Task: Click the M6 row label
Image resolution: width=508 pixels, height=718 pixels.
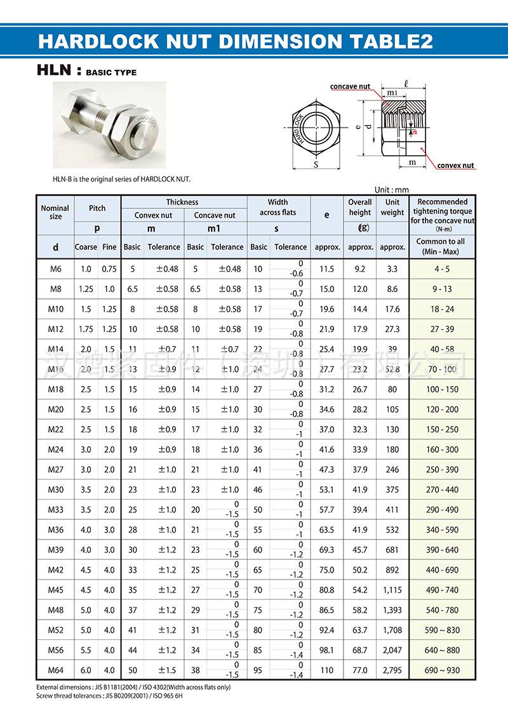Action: (55, 269)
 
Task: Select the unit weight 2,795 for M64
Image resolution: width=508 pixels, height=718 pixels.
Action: (392, 670)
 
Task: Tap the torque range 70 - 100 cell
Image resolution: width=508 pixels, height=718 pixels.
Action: (442, 369)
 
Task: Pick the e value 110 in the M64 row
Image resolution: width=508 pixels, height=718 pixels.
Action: (327, 670)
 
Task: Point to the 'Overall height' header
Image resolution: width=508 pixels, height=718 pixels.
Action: (359, 208)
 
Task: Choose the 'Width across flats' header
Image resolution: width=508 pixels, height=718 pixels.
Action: (277, 208)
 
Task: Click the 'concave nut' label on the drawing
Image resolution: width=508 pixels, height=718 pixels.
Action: (350, 86)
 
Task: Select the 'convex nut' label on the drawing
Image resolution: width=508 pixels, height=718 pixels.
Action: (455, 166)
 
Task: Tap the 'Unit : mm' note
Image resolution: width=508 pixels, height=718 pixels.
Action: (392, 189)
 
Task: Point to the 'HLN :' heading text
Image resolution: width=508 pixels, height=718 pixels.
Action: (59, 72)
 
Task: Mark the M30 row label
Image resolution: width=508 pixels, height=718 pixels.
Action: (55, 489)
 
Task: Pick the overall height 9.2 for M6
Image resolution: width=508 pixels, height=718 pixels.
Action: (359, 269)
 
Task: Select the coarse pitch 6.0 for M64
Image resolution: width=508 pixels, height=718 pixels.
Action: (86, 670)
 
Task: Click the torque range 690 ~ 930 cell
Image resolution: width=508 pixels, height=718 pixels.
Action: (442, 670)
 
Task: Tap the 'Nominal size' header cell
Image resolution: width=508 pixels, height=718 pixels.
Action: (55, 212)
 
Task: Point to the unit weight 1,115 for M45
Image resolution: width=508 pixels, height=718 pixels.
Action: (392, 590)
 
